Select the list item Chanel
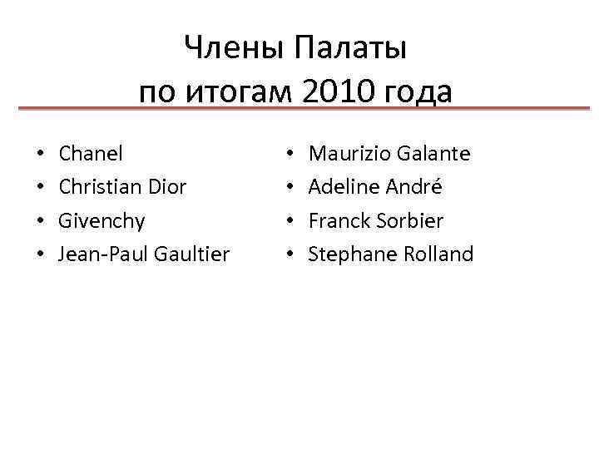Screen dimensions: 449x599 click(x=91, y=154)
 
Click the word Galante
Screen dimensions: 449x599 click(x=433, y=154)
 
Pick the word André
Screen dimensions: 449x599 click(x=413, y=187)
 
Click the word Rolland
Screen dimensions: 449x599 click(x=438, y=254)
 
